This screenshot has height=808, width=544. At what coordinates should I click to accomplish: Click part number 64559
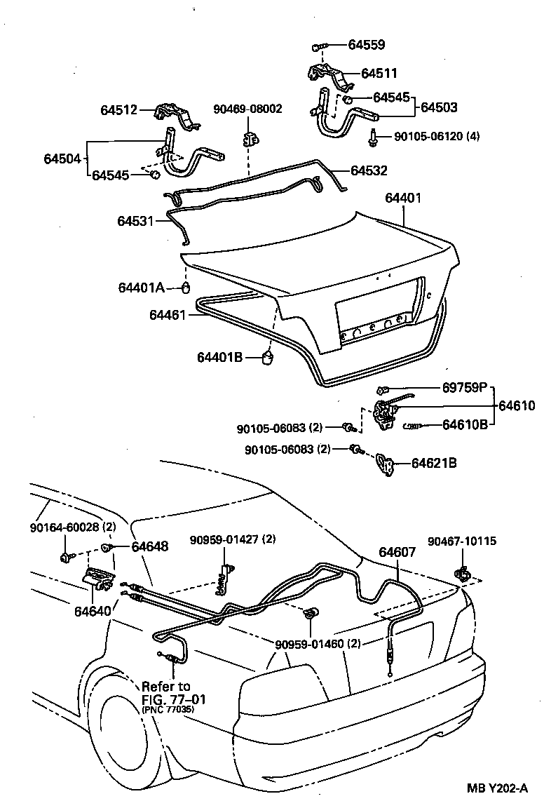367,46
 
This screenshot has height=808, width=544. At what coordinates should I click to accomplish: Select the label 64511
379,73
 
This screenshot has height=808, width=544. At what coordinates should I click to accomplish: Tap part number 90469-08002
247,109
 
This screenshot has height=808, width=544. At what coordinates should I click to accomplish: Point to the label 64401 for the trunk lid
403,198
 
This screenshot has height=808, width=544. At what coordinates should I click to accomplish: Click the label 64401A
141,288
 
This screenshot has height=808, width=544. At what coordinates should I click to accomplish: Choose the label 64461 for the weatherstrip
167,315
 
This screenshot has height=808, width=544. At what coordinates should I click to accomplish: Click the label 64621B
434,463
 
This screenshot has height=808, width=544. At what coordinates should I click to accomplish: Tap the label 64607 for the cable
398,552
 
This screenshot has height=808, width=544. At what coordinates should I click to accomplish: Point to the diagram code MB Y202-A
497,788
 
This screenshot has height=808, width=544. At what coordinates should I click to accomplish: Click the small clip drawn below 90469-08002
249,137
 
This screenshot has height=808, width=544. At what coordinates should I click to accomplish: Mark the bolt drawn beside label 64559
318,46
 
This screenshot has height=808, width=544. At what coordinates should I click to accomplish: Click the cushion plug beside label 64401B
267,358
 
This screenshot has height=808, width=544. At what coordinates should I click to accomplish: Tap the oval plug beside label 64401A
186,288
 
